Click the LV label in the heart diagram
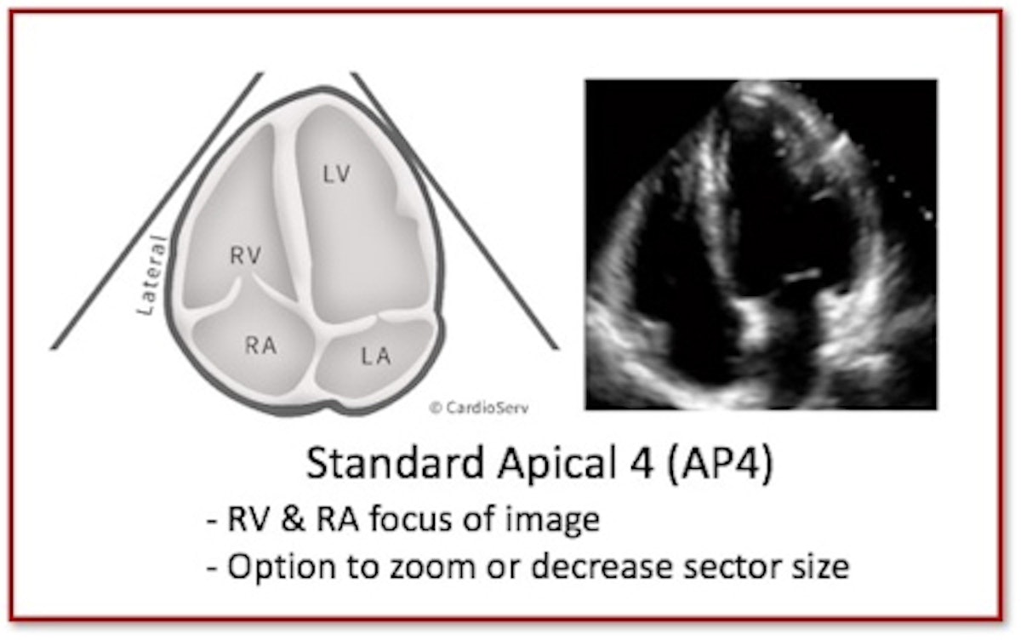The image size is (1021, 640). [336, 174]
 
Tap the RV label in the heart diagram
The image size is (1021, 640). [246, 255]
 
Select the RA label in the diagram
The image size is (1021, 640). [260, 346]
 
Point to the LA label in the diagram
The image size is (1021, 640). [376, 356]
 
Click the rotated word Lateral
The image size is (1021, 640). [152, 275]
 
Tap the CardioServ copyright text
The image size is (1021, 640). [479, 408]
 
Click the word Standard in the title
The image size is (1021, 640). [395, 463]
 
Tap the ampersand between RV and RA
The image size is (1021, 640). [293, 520]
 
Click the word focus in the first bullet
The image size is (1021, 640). [413, 520]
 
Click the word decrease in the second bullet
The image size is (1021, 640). [602, 567]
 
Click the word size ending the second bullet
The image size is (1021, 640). [820, 567]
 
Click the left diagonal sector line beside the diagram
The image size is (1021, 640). [157, 210]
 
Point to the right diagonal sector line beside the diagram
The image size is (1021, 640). [455, 210]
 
